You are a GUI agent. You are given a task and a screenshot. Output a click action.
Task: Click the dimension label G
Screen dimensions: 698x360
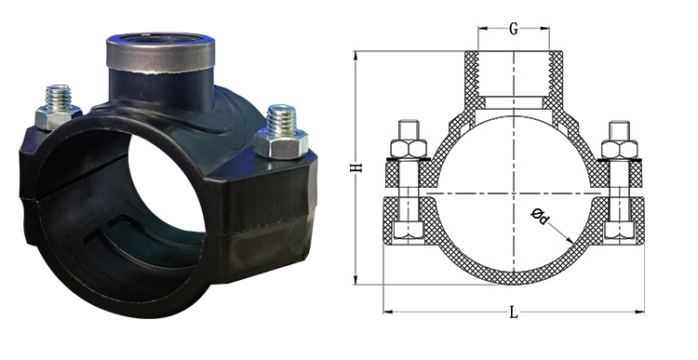(513, 30)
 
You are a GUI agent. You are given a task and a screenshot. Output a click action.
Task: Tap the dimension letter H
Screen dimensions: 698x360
(357, 167)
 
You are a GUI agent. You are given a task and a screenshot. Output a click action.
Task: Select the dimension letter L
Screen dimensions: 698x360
(514, 313)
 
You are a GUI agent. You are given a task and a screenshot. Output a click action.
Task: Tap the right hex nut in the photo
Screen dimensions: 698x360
(281, 143)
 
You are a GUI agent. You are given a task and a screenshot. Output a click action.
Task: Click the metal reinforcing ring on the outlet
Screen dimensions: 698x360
(160, 54)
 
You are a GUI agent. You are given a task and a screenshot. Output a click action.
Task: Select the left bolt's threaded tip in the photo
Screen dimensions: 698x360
(59, 97)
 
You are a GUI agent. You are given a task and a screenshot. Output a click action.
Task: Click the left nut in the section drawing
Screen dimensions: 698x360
(409, 149)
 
